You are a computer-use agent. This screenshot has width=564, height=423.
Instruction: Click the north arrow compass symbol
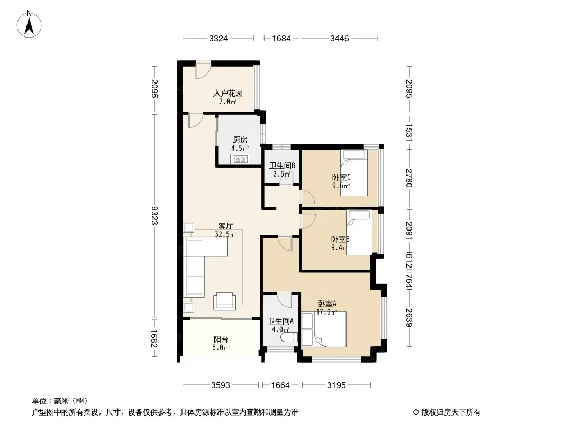point(29,24)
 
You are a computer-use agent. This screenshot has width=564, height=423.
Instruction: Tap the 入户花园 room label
point(228,94)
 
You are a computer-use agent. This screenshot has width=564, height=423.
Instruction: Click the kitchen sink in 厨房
point(241,159)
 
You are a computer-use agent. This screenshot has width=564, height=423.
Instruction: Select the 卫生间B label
point(282,165)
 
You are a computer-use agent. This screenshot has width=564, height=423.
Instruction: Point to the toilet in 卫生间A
point(290,337)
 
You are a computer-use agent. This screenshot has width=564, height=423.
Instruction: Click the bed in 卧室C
point(354,173)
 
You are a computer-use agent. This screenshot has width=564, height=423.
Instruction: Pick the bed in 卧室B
point(359,233)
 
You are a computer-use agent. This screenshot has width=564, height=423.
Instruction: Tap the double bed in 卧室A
point(324,329)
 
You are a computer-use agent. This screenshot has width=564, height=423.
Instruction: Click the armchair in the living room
point(225,301)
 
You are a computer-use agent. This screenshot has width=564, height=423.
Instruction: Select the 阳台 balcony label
point(221,339)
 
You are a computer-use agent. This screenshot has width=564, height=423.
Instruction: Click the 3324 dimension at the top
point(219,39)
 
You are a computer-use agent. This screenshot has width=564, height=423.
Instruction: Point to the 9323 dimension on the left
point(154,215)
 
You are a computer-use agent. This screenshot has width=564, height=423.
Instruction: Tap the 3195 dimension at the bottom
point(336,385)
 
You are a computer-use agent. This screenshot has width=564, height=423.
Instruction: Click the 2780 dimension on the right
point(409,178)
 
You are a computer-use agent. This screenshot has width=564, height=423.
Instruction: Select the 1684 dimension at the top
point(281,39)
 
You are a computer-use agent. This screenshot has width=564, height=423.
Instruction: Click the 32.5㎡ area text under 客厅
point(225,235)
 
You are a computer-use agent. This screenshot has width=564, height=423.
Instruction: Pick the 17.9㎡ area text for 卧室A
point(326,312)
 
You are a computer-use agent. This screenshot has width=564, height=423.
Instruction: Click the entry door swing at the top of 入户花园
point(202,71)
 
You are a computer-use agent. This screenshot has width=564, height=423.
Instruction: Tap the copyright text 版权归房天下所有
point(447,412)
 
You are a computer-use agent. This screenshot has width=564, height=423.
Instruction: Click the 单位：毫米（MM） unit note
point(60,401)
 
